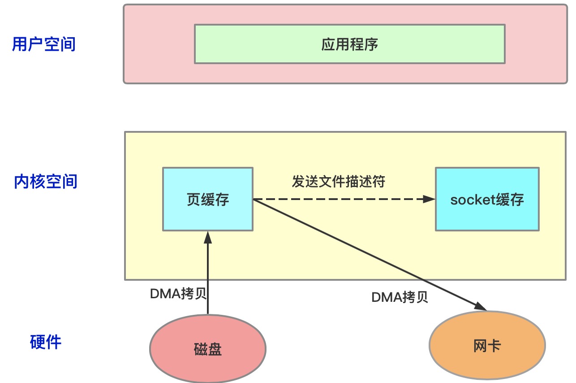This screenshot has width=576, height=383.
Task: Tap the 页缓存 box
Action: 208,200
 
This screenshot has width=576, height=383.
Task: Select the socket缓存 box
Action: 487,200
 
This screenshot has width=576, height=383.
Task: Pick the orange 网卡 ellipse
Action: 487,346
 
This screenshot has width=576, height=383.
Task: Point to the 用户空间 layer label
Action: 44,44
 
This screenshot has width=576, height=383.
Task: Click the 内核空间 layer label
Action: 46,182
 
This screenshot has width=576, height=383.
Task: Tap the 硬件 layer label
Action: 46,342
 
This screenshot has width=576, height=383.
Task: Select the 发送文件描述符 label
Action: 338,182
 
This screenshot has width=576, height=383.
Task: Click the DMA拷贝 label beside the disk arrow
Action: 178,294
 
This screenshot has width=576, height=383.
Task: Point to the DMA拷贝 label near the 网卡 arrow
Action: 400,297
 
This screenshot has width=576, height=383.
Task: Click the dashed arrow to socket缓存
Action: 336,199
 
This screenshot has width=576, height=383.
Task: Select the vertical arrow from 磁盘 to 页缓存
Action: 208,278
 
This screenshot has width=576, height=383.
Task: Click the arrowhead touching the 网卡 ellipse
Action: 481,307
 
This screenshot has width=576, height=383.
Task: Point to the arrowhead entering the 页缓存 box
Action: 208,237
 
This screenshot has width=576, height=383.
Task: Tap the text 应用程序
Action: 349,44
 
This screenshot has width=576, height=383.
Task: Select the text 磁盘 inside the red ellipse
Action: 208,349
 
